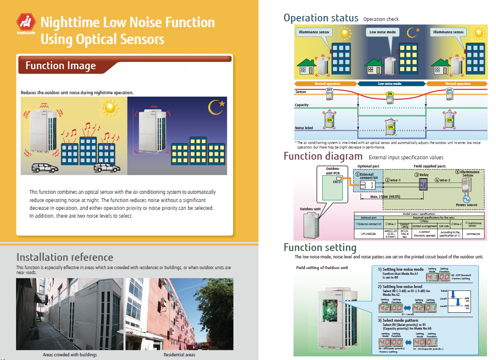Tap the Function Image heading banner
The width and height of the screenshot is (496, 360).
tap(61, 66)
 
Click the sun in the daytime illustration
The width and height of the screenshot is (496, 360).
tap(109, 108)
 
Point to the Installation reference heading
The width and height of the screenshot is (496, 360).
tap(65, 258)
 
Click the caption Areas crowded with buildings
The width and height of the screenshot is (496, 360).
tap(70, 355)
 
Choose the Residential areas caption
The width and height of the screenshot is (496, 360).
tap(179, 355)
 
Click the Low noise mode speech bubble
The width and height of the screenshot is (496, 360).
tap(382, 32)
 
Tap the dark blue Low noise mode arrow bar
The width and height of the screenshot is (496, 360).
tap(391, 84)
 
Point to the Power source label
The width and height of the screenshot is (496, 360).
tap(466, 205)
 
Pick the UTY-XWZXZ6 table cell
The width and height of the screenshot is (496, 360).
tap(368, 233)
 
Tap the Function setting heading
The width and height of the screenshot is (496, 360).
tap(320, 248)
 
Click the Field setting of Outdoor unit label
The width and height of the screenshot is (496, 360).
tap(322, 268)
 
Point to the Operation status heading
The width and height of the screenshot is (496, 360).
tap(321, 18)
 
